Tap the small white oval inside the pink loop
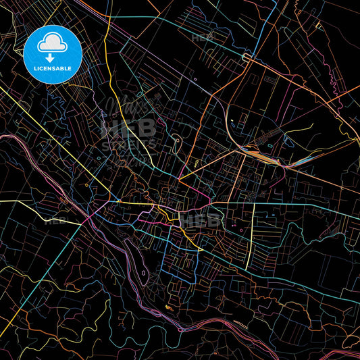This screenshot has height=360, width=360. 144,274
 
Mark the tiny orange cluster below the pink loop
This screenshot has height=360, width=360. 168,308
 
